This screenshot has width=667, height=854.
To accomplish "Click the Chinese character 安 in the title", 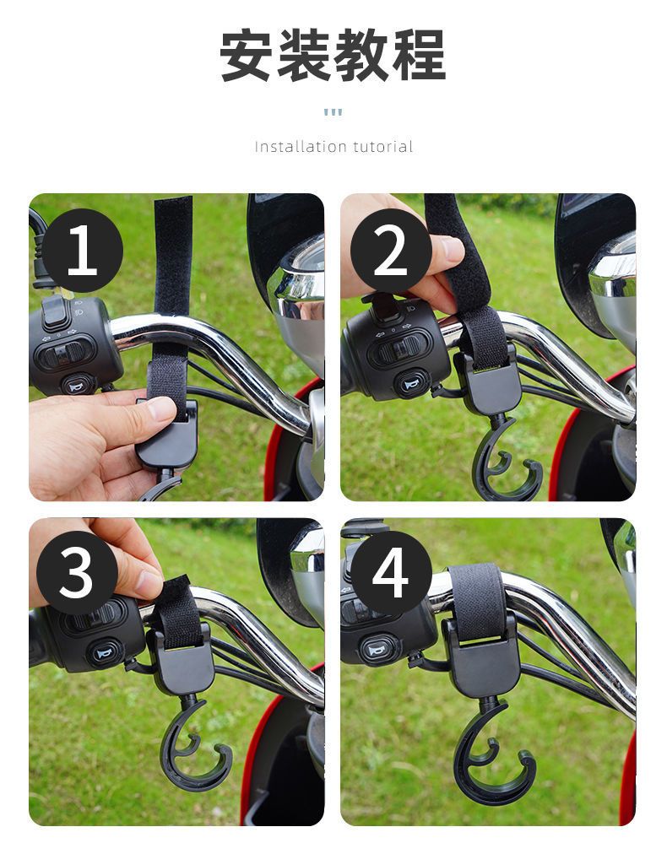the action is coord(247,56).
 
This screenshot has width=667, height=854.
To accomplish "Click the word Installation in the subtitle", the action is coord(301,147).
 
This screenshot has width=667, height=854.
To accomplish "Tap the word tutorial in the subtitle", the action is coord(382,147).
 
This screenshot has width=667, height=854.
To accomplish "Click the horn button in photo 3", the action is coord(106,652).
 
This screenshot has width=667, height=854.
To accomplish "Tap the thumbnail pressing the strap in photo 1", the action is coord(161,408).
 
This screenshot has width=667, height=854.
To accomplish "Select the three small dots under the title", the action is coord(333,112).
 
